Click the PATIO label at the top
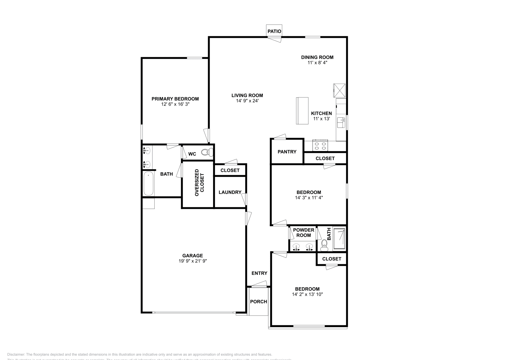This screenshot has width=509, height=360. [274, 31]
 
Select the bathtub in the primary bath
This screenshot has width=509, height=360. [149, 184]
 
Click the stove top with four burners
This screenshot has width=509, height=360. [320, 146]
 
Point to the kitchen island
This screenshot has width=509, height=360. [302, 111]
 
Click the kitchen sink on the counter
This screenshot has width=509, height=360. [341, 122]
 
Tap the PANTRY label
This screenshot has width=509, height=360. [287, 152]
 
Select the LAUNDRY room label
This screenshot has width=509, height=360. [230, 192]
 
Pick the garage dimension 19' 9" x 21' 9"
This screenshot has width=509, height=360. [193, 261]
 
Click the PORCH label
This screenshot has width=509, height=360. [258, 301]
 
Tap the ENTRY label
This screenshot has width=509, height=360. [259, 273]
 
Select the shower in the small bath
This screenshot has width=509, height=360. [339, 239]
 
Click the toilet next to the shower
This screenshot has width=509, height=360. [324, 244]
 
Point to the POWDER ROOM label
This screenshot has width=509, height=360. [303, 232]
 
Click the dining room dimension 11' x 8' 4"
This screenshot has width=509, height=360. [317, 63]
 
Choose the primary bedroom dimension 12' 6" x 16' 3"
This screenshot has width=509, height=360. [175, 104]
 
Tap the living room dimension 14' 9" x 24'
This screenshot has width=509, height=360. [247, 101]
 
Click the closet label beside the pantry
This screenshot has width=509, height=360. [325, 158]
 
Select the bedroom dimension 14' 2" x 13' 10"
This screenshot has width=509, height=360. [307, 294]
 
